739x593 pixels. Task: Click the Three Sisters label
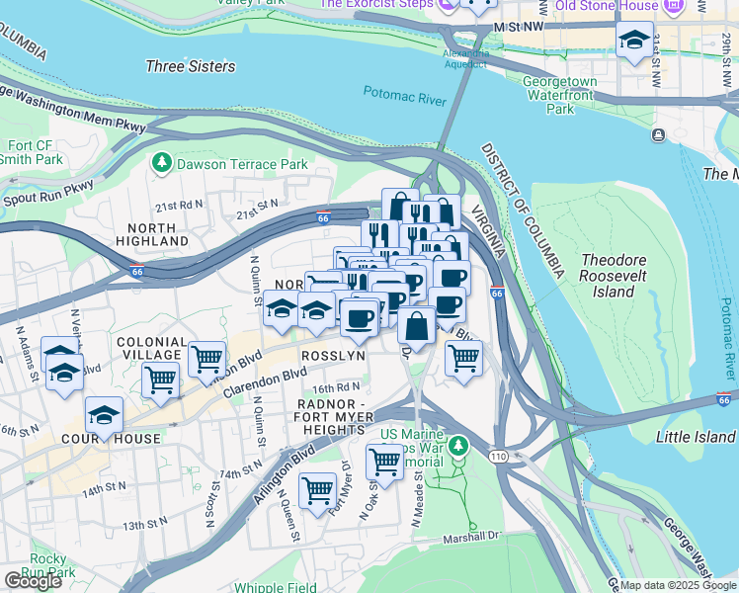pyautogui.click(x=191, y=66)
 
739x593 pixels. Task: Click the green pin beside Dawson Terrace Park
pyautogui.click(x=160, y=161)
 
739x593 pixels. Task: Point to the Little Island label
pyautogui.click(x=696, y=437)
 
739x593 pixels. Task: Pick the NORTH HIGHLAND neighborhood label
pyautogui.click(x=145, y=234)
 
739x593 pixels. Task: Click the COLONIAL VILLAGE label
pyautogui.click(x=149, y=348)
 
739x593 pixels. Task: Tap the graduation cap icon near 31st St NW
pyautogui.click(x=633, y=41)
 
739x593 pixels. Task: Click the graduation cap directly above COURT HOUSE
pyautogui.click(x=104, y=416)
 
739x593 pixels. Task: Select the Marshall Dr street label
pyautogui.click(x=471, y=535)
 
